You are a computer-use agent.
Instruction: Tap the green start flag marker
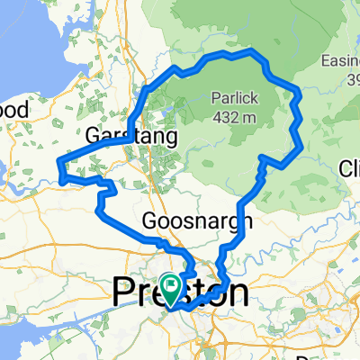click(168, 285)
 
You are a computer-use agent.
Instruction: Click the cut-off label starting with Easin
click(340, 62)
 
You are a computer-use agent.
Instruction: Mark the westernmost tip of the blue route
click(58, 162)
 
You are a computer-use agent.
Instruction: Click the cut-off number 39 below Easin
click(350, 80)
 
